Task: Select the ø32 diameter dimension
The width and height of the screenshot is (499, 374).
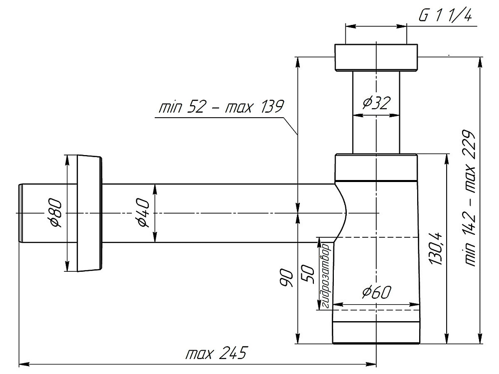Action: pyautogui.click(x=377, y=103)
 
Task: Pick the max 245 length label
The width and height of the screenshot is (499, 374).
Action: pyautogui.click(x=216, y=354)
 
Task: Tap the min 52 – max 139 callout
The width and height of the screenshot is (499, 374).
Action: pyautogui.click(x=221, y=107)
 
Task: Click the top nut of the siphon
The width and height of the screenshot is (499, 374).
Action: pyautogui.click(x=376, y=58)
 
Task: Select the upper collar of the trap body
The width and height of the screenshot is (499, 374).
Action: pyautogui.click(x=376, y=167)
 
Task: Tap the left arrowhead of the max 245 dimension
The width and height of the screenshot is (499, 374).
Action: pyautogui.click(x=23, y=363)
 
